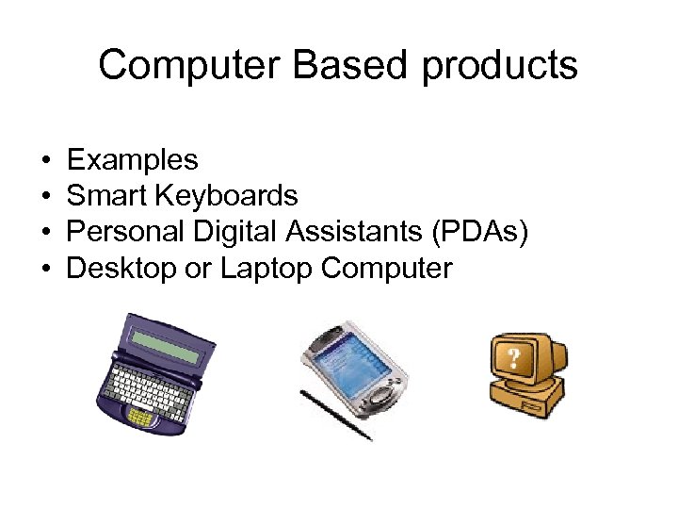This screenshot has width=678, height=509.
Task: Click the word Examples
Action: [x=133, y=159]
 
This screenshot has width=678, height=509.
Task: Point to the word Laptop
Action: [x=266, y=269]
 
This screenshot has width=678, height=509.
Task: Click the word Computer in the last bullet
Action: [x=387, y=269]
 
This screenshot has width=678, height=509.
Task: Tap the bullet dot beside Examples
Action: [x=45, y=160]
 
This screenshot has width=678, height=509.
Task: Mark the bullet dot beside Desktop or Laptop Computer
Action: [x=45, y=270]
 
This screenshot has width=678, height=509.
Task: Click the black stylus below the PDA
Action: [x=335, y=415]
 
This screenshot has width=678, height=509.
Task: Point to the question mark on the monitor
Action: [x=515, y=358]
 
